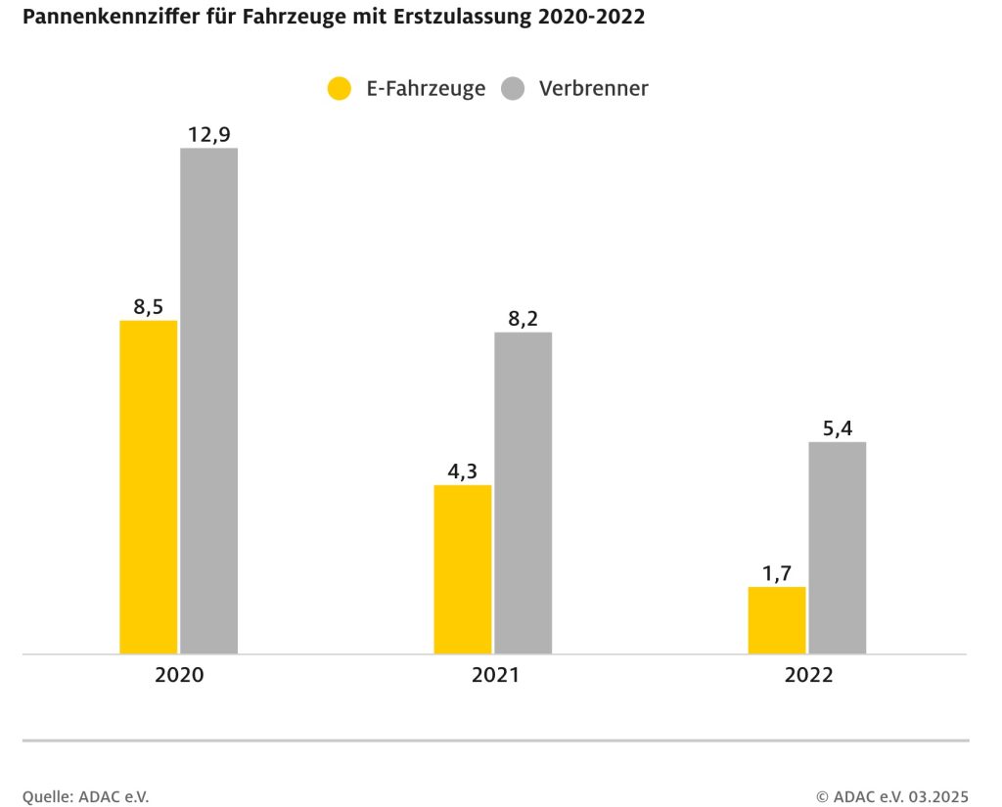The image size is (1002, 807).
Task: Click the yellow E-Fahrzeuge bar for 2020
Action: point(149,486)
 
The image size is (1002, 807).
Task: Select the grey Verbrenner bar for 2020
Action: point(208,400)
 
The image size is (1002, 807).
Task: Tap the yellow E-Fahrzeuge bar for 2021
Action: point(463,568)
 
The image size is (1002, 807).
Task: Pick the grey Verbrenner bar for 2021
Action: point(523,492)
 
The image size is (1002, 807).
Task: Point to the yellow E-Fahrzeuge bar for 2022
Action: point(777,619)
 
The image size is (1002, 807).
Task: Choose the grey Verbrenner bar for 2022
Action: point(837,547)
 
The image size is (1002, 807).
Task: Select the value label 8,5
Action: point(149,306)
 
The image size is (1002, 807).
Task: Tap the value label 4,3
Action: point(463,471)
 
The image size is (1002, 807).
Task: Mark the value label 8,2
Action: point(523,318)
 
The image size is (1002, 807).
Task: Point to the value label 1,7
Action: point(777,572)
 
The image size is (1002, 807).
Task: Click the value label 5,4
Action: point(837,427)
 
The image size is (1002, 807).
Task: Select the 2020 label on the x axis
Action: point(179,675)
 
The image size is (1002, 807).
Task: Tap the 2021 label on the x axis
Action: point(494,675)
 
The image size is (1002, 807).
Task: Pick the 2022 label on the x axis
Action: point(808,675)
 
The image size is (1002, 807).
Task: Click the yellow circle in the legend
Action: point(339,88)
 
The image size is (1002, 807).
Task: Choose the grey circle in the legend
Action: point(513,88)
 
